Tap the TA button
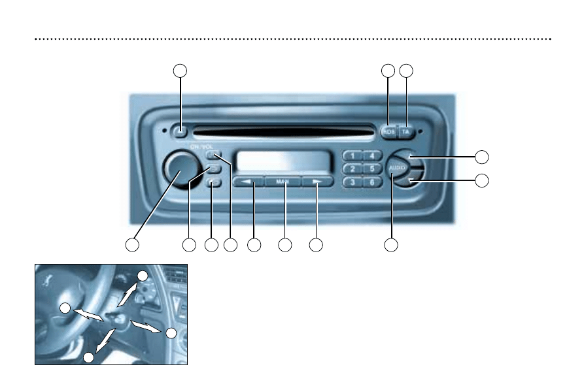pos(406,131)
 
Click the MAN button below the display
pos(283,182)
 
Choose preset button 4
pos(371,156)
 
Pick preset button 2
pos(353,169)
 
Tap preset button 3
pos(353,182)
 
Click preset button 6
pos(371,182)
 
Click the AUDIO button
pos(395,168)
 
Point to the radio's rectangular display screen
pos(283,161)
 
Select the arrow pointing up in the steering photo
pos(126,295)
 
